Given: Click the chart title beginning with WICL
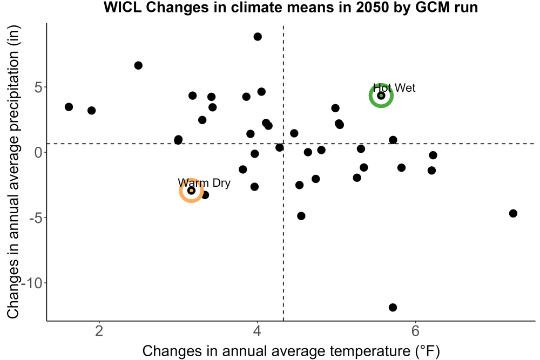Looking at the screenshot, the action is (x=291, y=7).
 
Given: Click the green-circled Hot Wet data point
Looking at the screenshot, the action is (x=381, y=96).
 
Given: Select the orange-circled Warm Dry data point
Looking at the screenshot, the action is (x=192, y=191).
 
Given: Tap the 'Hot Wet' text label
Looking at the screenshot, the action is (x=394, y=88).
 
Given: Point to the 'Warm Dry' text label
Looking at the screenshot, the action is (x=204, y=183).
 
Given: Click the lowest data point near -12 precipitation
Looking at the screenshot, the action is (x=393, y=307).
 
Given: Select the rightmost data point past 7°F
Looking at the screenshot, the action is (x=513, y=213).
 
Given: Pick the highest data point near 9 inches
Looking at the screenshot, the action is (x=258, y=37).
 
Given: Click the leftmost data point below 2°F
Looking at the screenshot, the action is (x=69, y=107).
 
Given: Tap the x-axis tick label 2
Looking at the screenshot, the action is (x=99, y=331).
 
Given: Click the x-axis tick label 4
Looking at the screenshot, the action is (x=257, y=331).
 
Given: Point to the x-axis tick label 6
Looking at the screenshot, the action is (x=415, y=331).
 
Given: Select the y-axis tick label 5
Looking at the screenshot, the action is (x=38, y=87).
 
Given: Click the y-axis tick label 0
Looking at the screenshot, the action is (x=38, y=152).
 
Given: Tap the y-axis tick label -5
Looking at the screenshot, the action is (x=36, y=218).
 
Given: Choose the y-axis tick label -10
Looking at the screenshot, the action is (x=32, y=283).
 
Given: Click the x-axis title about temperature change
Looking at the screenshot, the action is (x=291, y=351).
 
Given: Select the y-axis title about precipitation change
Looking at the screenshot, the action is (x=13, y=172).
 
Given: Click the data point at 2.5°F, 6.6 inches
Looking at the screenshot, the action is (x=138, y=65).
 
